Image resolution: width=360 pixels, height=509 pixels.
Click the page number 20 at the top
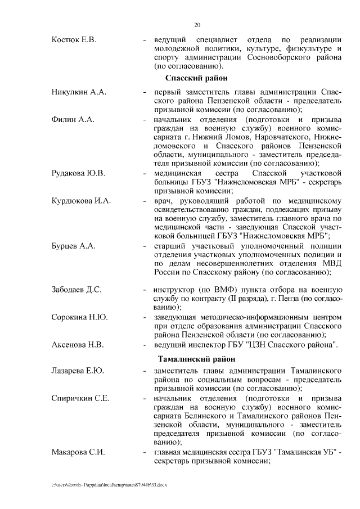(197, 25)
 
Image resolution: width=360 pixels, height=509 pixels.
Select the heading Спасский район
(196, 78)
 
